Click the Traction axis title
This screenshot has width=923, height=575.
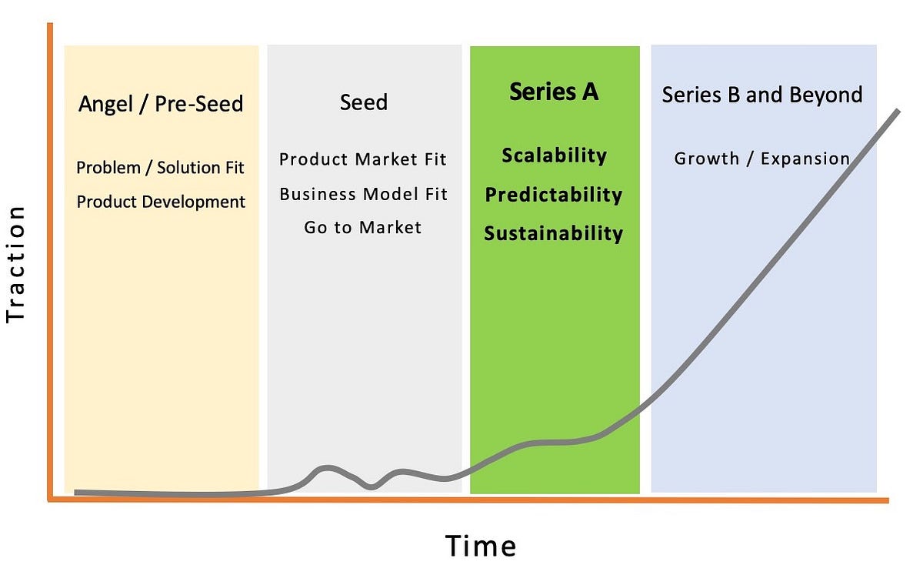pyautogui.click(x=16, y=264)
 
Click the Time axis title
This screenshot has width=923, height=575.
pyautogui.click(x=481, y=546)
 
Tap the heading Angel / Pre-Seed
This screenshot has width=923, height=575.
pyautogui.click(x=161, y=103)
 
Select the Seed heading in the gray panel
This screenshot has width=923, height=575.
pyautogui.click(x=363, y=102)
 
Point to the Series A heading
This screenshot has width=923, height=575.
pyautogui.click(x=554, y=92)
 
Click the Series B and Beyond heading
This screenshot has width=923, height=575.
pyautogui.click(x=762, y=95)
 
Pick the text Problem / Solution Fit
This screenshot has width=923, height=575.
pyautogui.click(x=161, y=167)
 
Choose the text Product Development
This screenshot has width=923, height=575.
pyautogui.click(x=161, y=202)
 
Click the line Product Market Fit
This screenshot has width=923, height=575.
pyautogui.click(x=363, y=159)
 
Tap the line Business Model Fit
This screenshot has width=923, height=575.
pyautogui.click(x=363, y=193)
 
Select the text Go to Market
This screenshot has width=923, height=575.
pyautogui.click(x=363, y=227)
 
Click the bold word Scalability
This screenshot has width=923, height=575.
pyautogui.click(x=554, y=155)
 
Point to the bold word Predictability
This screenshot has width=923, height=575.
pyautogui.click(x=554, y=194)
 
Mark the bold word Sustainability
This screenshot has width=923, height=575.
pyautogui.click(x=554, y=233)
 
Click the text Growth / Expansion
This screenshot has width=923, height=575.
pyautogui.click(x=762, y=159)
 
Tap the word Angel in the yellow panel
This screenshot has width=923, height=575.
pyautogui.click(x=104, y=103)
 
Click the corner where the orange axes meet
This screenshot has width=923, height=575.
pyautogui.click(x=50, y=500)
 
